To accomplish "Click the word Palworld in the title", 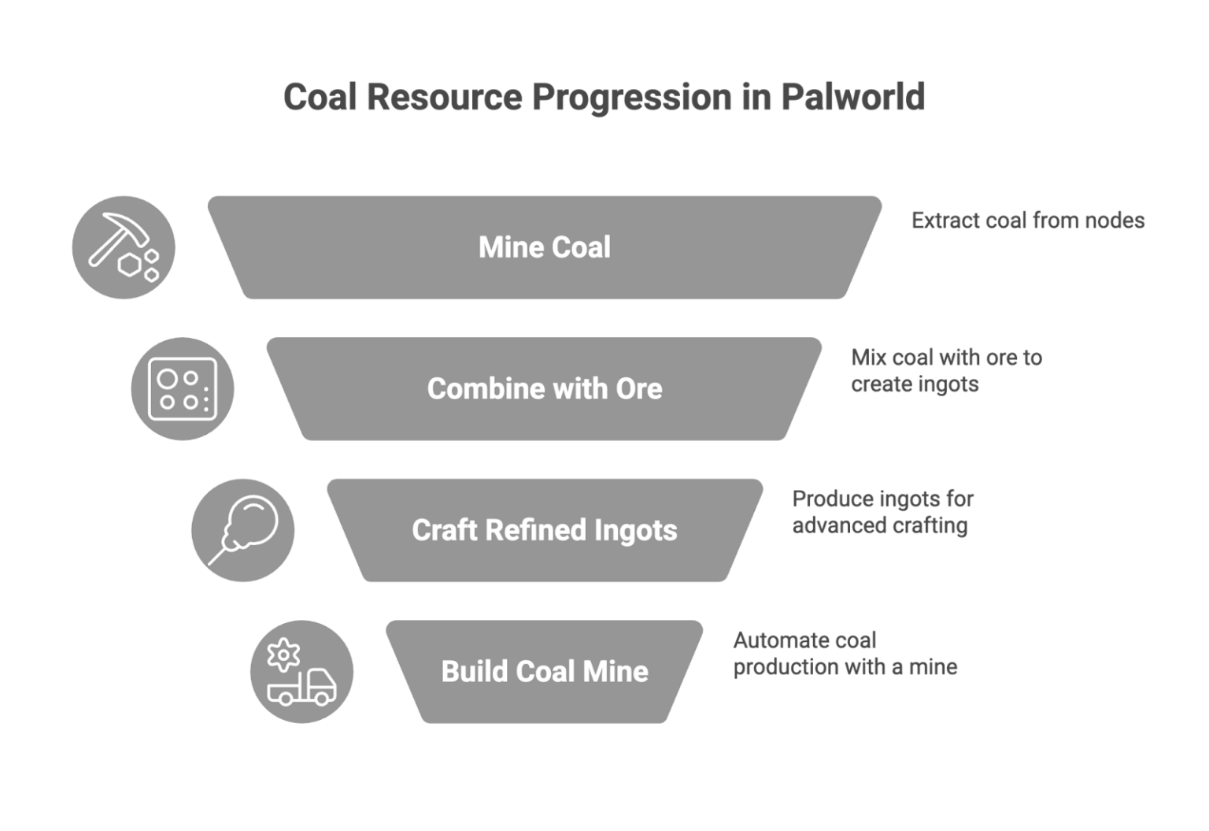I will click(852, 98).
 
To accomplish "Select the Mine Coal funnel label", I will click(545, 247).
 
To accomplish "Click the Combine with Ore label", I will click(545, 388).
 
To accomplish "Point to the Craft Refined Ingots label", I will click(545, 530).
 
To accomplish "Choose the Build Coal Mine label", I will click(545, 671).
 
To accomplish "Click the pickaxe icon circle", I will click(124, 247).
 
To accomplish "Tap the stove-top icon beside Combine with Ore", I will click(183, 388).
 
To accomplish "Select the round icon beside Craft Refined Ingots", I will click(243, 530).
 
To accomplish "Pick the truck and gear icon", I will click(301, 671).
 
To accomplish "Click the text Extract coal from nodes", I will click(1027, 220).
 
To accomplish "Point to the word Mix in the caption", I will click(868, 358).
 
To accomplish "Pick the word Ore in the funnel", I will click(639, 388).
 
